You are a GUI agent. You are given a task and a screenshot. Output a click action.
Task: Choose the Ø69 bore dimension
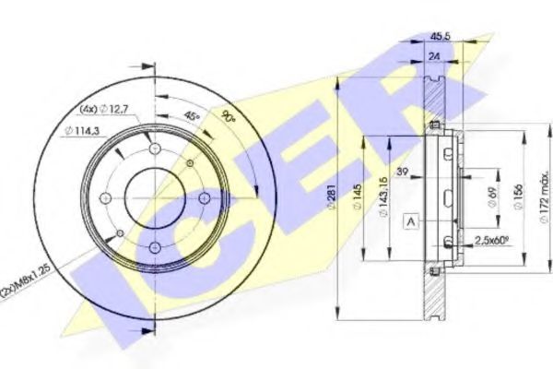pyautogui.click(x=494, y=196)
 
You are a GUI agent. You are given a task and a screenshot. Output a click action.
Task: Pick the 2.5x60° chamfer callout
pyautogui.click(x=490, y=240)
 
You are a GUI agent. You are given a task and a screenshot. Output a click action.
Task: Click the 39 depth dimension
pyautogui.click(x=402, y=172)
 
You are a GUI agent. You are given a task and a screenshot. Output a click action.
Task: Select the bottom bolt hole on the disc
pyautogui.click(x=154, y=244)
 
